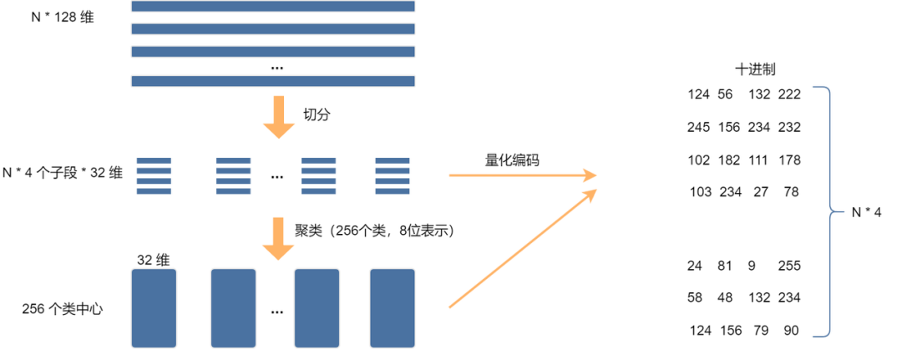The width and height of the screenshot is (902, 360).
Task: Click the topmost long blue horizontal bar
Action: click(273, 6)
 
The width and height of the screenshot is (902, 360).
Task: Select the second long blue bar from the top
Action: click(273, 28)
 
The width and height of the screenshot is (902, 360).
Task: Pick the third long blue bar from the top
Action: click(273, 51)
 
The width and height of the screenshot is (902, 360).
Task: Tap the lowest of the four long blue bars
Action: click(273, 81)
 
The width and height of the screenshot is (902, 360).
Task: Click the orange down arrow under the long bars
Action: click(279, 117)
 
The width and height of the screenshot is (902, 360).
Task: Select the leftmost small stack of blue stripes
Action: click(154, 176)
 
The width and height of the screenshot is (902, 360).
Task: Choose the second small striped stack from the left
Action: click(234, 176)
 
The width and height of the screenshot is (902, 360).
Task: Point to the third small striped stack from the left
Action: click(319, 176)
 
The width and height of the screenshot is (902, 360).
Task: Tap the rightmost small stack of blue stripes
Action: click(393, 176)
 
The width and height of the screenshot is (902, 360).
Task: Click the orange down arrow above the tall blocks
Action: click(278, 239)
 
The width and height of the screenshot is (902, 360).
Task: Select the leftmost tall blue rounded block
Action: click(154, 307)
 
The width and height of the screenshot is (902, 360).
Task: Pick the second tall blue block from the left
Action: click(233, 307)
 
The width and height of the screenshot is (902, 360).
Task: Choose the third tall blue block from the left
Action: click(317, 307)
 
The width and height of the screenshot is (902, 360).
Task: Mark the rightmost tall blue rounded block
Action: click(392, 307)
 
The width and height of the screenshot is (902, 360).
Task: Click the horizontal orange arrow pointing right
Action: click(518, 175)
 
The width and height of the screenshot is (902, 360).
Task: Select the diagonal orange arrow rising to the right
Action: click(522, 250)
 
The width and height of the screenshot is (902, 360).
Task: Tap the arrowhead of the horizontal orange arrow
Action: click(590, 175)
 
